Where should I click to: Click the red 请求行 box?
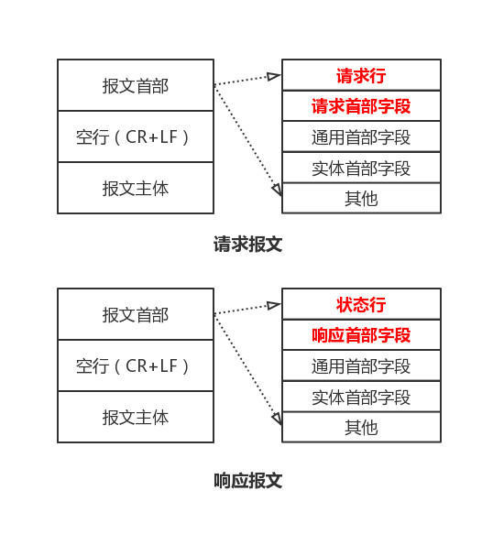361,75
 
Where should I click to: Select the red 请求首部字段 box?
361,105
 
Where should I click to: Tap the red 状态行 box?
361,304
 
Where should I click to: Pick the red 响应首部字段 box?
361,334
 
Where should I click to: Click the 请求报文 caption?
247,245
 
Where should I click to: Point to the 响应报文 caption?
247,481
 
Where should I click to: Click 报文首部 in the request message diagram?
136,85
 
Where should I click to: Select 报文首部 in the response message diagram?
136,314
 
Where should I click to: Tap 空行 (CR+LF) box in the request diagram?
136,136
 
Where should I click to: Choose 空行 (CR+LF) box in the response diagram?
136,365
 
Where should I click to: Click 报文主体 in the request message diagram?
136,188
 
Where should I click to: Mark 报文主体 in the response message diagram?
136,417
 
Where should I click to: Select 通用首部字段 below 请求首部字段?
361,136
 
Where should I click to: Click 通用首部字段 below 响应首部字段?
361,365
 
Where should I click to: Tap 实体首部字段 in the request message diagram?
361,168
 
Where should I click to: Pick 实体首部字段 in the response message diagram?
361,397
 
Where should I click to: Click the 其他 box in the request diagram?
361,198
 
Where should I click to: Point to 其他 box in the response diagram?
361,427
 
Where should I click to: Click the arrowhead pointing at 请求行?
274,76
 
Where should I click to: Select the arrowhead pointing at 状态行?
274,305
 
